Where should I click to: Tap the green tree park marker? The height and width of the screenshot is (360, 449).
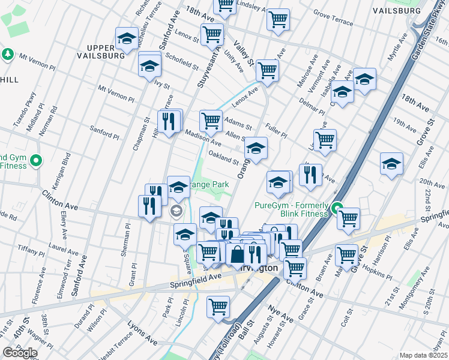pos(8,55)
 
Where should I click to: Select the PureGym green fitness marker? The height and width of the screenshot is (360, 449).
pos(338,211)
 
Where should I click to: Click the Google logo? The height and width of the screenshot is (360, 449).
pos(20,353)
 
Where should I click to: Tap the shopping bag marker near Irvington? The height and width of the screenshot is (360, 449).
pos(238,254)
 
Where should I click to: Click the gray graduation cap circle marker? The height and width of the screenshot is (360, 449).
pos(176,211)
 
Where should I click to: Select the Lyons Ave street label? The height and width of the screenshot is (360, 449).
pos(142,333)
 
